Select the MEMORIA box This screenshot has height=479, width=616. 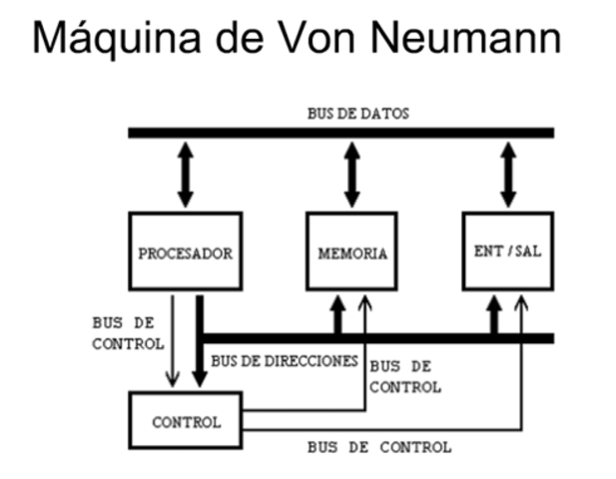coord(351,252)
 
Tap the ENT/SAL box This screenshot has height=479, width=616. coord(507,251)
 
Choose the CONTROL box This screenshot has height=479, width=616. coord(186,421)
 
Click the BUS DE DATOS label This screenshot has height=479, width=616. coord(357,113)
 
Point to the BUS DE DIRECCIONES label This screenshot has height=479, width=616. coord(284,360)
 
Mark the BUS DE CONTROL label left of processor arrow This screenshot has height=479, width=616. coord(127,333)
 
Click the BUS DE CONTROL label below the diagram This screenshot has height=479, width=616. coord(379,446)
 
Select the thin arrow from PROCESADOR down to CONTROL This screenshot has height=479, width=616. coord(175,339)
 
